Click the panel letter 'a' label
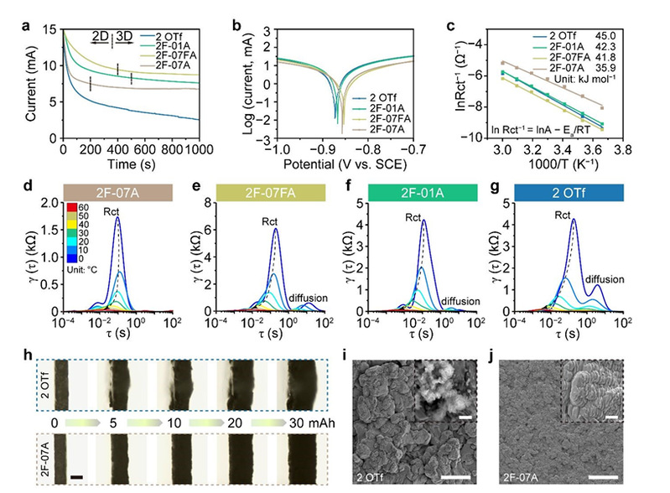(28, 10)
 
